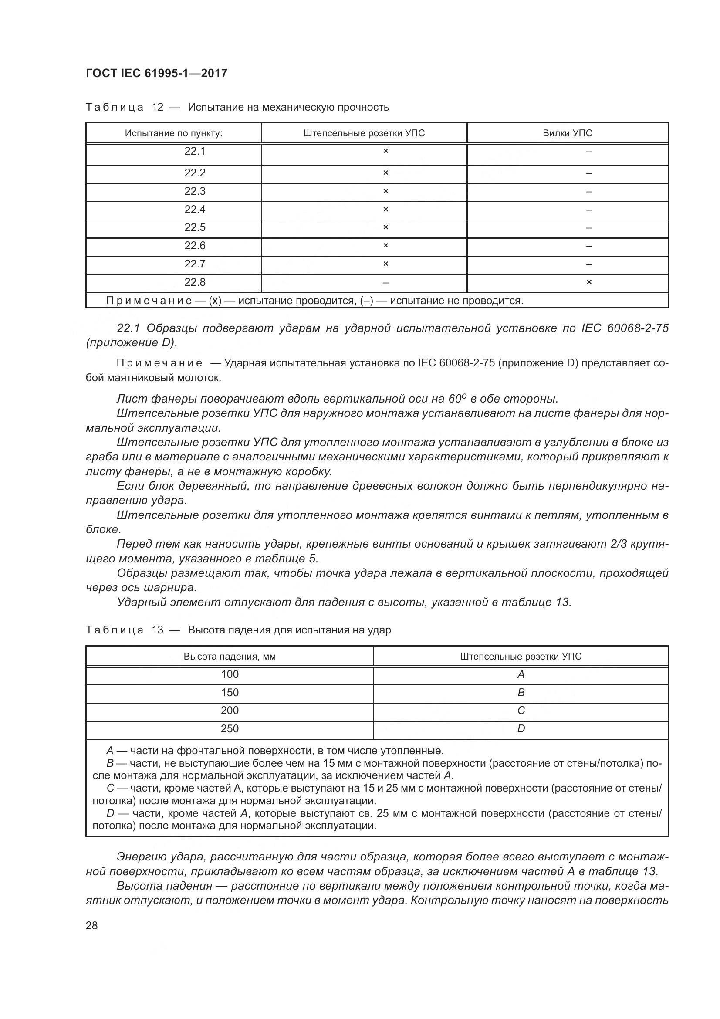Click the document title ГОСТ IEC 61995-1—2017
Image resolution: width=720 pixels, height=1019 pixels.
click(x=156, y=73)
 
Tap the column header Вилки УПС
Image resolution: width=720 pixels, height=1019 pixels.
click(x=567, y=133)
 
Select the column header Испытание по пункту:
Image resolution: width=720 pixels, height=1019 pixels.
click(x=173, y=133)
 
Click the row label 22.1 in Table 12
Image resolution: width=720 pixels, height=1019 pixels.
click(x=195, y=151)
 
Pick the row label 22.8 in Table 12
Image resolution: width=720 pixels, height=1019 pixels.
click(x=195, y=282)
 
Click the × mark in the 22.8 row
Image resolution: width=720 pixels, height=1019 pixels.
click(x=589, y=282)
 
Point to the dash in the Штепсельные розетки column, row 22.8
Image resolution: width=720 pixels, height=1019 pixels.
click(x=385, y=283)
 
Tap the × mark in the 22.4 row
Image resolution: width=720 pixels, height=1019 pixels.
click(x=385, y=210)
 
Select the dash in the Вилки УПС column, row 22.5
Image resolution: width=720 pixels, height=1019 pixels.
click(x=589, y=228)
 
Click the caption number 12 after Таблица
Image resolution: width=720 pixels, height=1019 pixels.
click(x=158, y=107)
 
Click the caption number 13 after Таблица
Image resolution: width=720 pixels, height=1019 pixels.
click(x=158, y=630)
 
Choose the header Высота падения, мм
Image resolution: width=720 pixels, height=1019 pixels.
click(x=230, y=657)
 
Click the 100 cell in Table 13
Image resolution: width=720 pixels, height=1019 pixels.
click(x=230, y=674)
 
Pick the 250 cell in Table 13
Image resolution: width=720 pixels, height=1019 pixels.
click(x=230, y=729)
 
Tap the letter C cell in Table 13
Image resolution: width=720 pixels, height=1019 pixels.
click(x=521, y=711)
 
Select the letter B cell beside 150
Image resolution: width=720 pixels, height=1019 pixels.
click(x=521, y=693)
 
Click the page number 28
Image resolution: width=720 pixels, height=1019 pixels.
click(x=92, y=926)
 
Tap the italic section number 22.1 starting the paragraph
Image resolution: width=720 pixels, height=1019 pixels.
click(x=128, y=328)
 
